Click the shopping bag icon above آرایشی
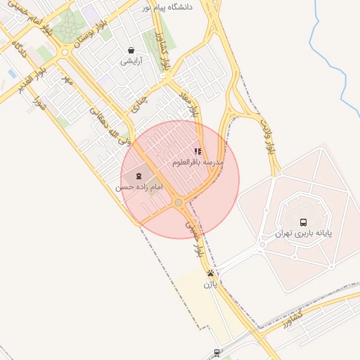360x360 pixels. click(131, 50)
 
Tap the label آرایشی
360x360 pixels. click(131, 61)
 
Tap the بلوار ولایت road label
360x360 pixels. click(267, 138)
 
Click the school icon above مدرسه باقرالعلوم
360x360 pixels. click(198, 151)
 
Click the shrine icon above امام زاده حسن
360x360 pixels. click(139, 176)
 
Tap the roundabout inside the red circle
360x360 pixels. click(179, 202)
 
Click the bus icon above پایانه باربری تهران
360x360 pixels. click(303, 221)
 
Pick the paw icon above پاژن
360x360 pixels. click(210, 273)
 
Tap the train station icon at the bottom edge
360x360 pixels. click(217, 354)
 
